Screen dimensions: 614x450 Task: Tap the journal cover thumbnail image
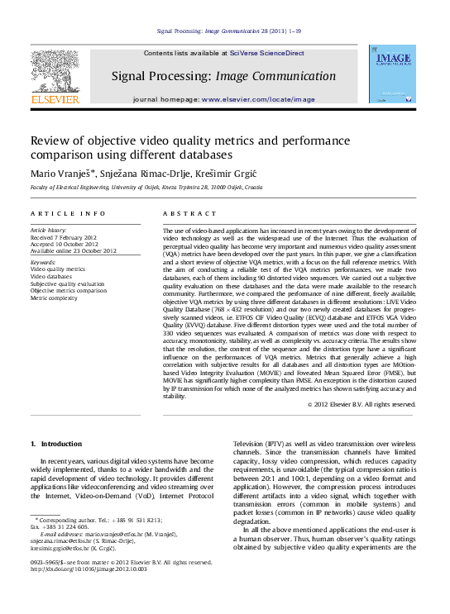click(394, 75)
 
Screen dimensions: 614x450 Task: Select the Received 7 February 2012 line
click(63, 235)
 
